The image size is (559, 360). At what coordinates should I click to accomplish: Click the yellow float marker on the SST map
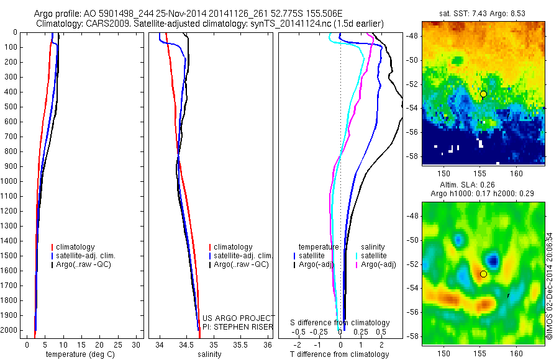point(483,94)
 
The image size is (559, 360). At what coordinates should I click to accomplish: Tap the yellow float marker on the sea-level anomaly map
point(483,274)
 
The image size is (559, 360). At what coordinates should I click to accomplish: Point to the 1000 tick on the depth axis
point(12,181)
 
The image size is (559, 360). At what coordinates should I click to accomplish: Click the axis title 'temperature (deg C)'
point(78,354)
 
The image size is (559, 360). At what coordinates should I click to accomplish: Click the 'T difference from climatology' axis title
point(339,354)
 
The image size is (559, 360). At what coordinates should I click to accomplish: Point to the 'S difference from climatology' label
point(340,323)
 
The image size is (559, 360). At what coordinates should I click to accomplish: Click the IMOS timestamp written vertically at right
point(550,286)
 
